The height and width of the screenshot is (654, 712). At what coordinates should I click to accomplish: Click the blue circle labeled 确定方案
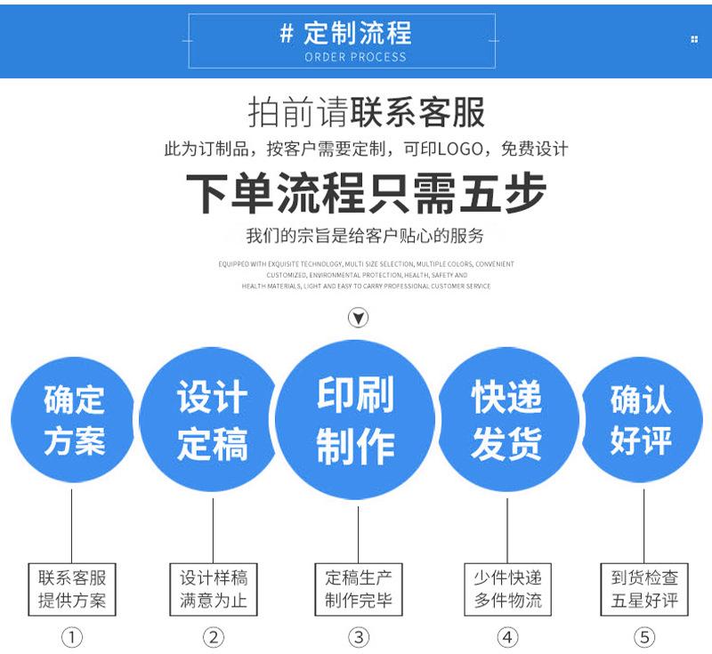tap(73, 421)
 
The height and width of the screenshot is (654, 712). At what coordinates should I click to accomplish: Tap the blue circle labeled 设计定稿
tap(212, 421)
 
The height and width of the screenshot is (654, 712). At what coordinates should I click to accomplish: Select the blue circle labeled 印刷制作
tap(356, 421)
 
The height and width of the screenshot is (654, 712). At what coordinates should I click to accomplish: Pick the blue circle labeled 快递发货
tap(506, 421)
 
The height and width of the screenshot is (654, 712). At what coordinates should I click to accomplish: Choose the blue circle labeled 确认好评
tap(641, 421)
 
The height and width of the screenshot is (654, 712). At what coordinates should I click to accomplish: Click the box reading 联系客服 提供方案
tap(72, 588)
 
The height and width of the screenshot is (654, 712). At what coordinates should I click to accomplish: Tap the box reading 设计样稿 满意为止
tap(214, 588)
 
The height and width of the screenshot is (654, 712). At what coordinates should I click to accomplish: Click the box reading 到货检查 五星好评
tap(645, 588)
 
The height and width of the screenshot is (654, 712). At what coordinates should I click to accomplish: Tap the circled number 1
tap(71, 637)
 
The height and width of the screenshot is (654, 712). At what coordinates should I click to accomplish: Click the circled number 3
tap(358, 637)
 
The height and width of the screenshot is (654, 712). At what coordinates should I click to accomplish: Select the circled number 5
tap(644, 637)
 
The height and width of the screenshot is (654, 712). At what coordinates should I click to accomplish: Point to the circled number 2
tap(214, 637)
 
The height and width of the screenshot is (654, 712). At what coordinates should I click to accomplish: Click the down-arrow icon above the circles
tap(358, 318)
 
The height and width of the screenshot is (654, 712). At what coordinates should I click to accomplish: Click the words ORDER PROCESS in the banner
tap(355, 57)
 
